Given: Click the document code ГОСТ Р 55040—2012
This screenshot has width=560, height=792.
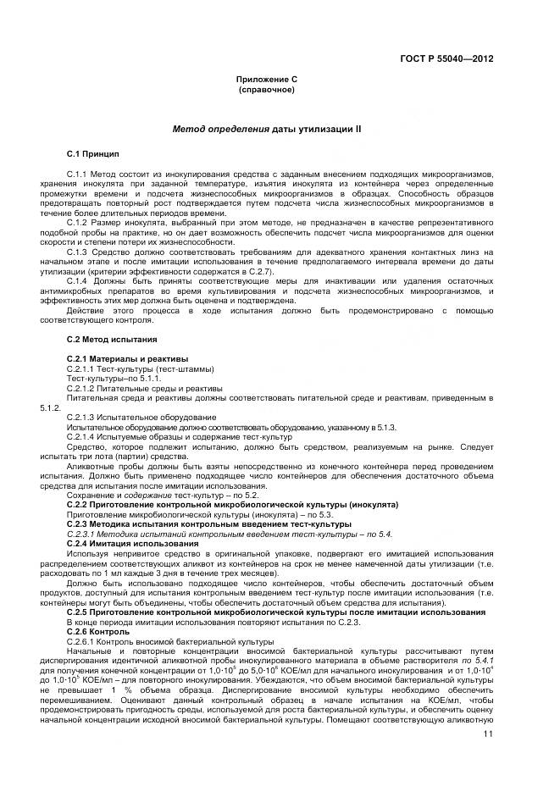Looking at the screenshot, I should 446,58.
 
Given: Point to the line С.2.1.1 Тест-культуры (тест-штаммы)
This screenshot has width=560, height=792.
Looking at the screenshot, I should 140,368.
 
